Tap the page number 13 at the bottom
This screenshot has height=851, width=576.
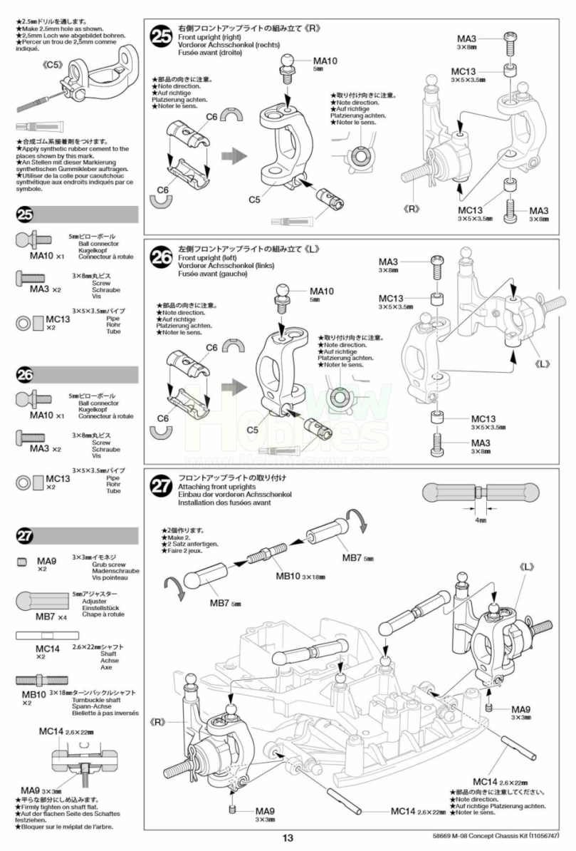coord(287,839)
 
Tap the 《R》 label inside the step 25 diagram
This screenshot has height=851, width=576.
coord(410,209)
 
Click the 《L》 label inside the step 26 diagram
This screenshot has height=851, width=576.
coord(543,363)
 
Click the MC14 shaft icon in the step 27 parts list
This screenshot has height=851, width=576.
coord(43,636)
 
